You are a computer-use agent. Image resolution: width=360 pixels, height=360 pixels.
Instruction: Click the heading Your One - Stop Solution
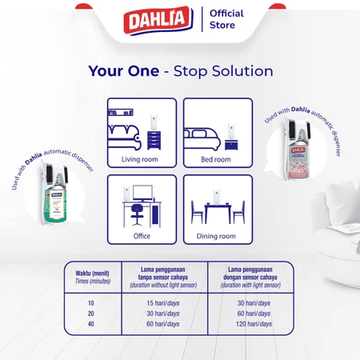point(180,71)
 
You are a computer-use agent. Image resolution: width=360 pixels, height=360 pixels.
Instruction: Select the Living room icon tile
point(141,132)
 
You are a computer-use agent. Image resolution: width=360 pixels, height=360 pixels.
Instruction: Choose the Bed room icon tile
point(217,132)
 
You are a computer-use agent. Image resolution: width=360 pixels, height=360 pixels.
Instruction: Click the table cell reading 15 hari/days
point(162,302)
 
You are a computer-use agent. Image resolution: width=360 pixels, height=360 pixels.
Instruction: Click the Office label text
point(141,236)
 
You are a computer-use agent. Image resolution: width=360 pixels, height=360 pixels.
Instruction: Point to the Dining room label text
point(217,236)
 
